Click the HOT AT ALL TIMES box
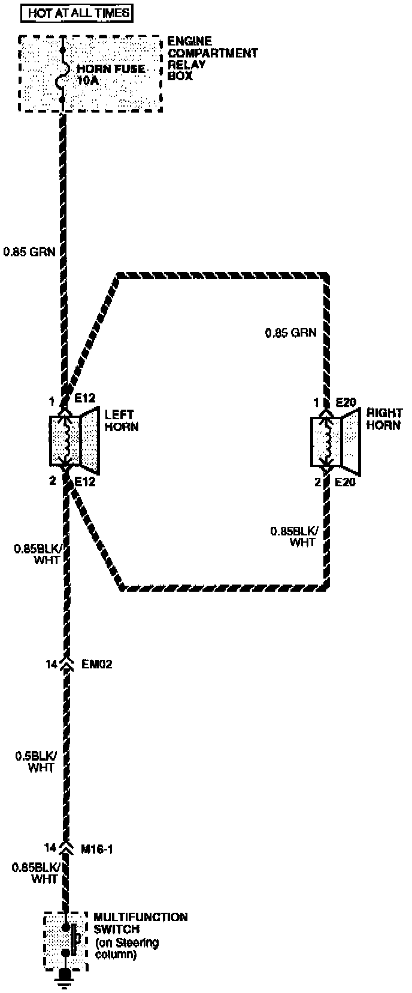coord(79,13)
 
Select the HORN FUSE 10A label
coord(111,74)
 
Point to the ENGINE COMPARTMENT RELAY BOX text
coord(212,59)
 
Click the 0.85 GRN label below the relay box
coord(29,252)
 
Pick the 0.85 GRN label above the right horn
coord(290,332)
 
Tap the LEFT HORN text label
coord(122,420)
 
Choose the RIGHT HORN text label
coord(384,419)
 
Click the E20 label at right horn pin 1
coord(346,402)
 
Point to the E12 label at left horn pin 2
coord(85,481)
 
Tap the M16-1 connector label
coord(97,849)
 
